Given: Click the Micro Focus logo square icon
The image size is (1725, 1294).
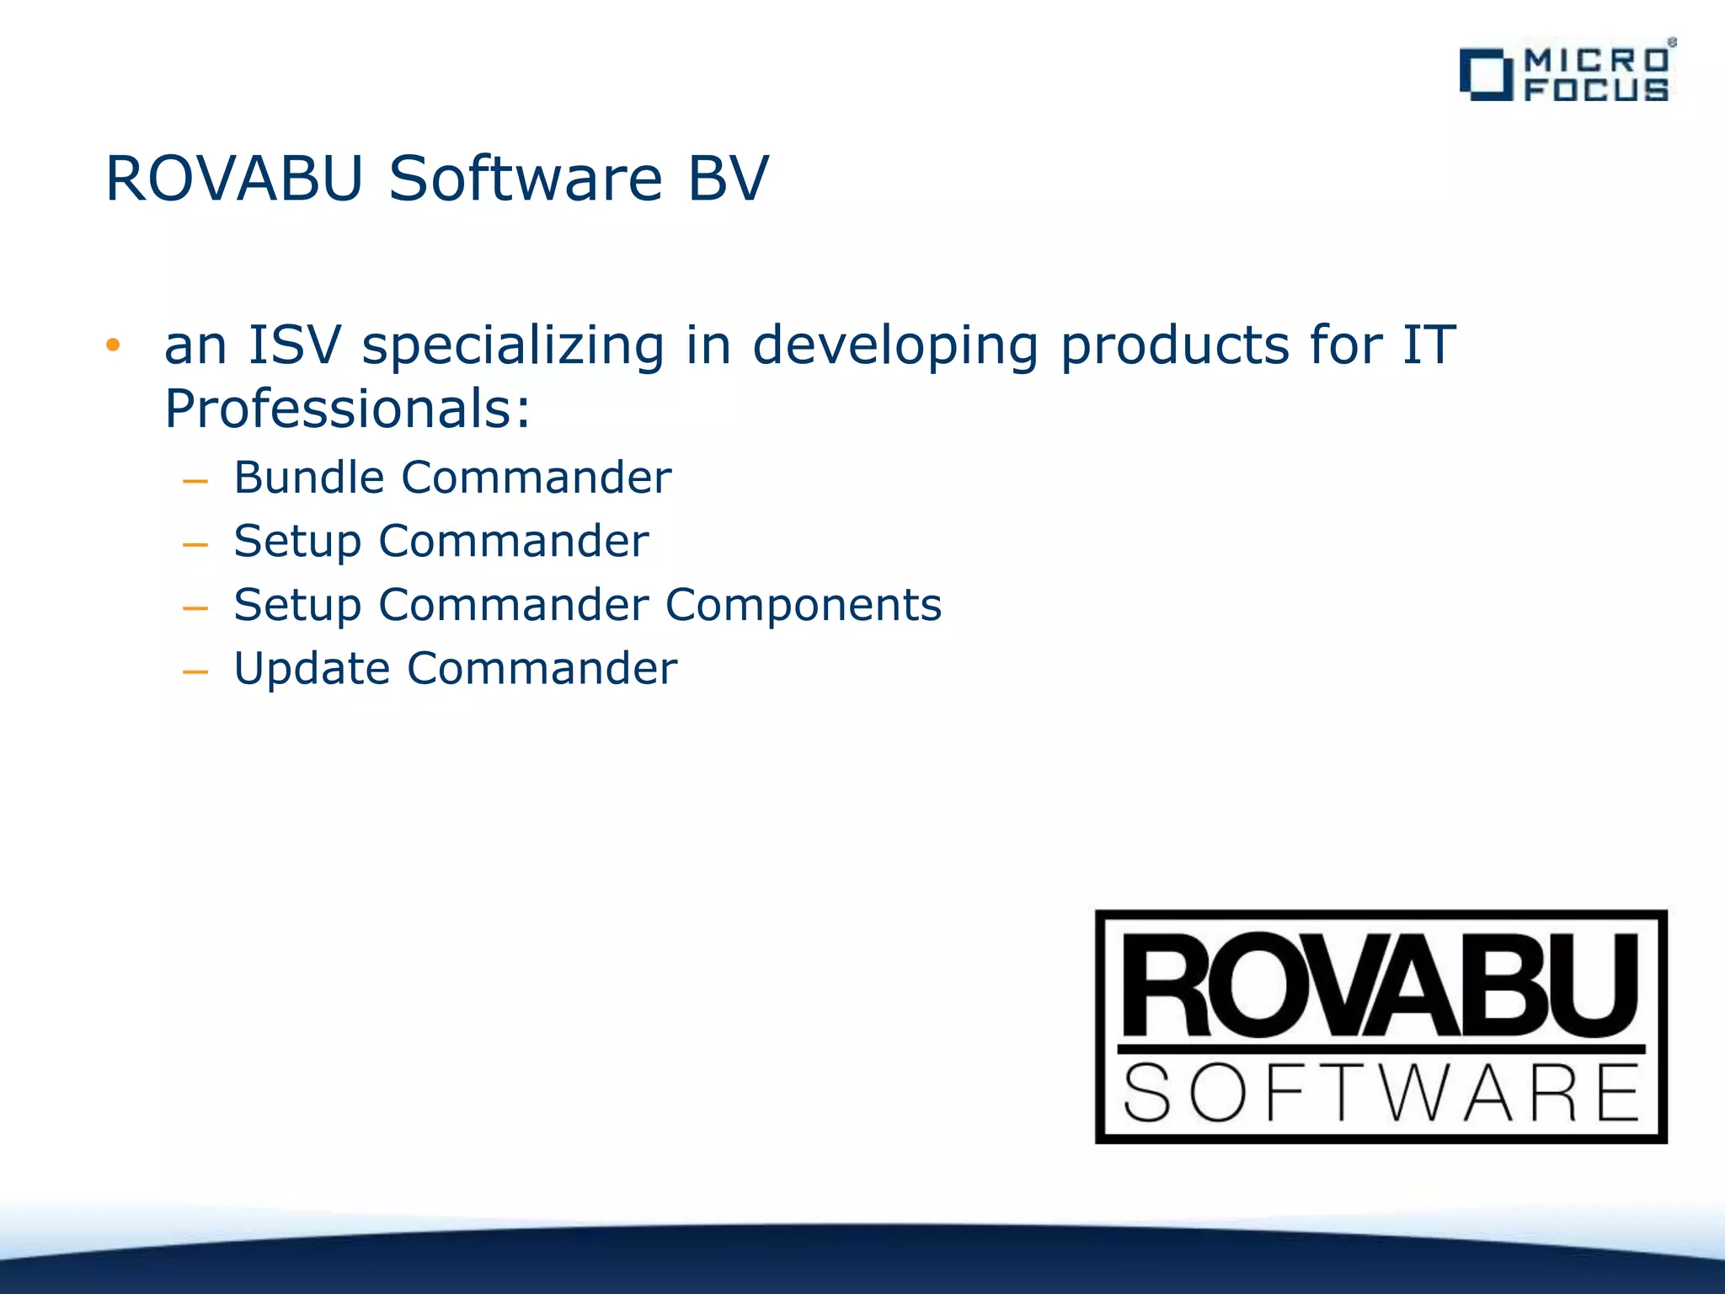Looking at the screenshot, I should click(x=1486, y=75).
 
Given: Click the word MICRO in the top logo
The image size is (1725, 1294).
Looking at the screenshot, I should click(x=1596, y=60).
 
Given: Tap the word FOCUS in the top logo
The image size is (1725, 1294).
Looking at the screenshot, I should click(x=1596, y=89).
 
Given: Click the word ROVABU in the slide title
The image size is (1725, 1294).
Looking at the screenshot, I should click(x=234, y=179).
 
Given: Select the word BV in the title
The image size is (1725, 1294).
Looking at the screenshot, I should click(x=728, y=179).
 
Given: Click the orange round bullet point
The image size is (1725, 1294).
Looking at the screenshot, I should click(x=113, y=345).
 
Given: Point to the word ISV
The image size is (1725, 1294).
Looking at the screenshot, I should click(x=295, y=345).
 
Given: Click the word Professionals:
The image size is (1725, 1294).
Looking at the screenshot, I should click(x=347, y=409).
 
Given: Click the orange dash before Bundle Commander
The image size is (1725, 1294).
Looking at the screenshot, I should click(x=195, y=482).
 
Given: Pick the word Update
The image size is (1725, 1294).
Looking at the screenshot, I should click(x=312, y=670).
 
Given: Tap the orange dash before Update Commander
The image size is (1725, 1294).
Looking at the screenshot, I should click(x=195, y=672).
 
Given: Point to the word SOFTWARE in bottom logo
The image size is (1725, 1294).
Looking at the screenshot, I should click(x=1381, y=1093).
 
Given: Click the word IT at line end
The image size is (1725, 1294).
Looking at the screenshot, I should click(x=1429, y=345).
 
